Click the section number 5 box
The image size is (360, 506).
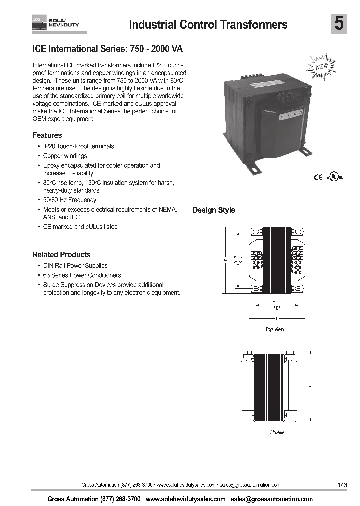(x=339, y=24)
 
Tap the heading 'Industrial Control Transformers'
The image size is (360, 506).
(x=208, y=25)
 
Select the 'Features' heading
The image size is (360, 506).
(x=47, y=135)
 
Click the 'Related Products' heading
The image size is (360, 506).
(x=62, y=254)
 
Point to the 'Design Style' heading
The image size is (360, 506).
(x=214, y=210)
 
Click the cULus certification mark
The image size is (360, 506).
(x=335, y=177)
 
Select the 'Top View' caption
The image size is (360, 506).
(x=275, y=329)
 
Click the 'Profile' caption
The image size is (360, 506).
(x=277, y=432)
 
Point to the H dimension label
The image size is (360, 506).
(x=310, y=387)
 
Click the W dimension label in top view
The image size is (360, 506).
(x=226, y=260)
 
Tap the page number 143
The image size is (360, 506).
(x=342, y=485)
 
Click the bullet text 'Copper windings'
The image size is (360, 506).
(x=65, y=156)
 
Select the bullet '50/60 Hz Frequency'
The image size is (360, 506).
(x=69, y=200)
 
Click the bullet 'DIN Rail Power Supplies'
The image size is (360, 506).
(x=75, y=266)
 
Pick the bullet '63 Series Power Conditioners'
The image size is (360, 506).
(x=82, y=275)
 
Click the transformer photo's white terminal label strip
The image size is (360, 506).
(x=291, y=116)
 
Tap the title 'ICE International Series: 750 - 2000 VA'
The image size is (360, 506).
(x=111, y=50)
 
